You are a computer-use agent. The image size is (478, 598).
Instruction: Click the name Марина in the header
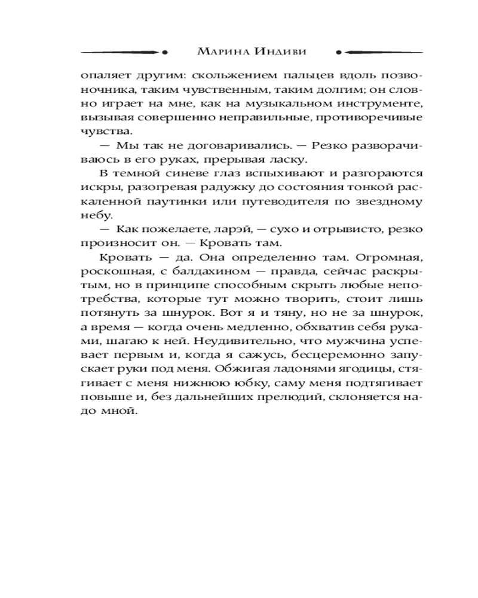(220, 51)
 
